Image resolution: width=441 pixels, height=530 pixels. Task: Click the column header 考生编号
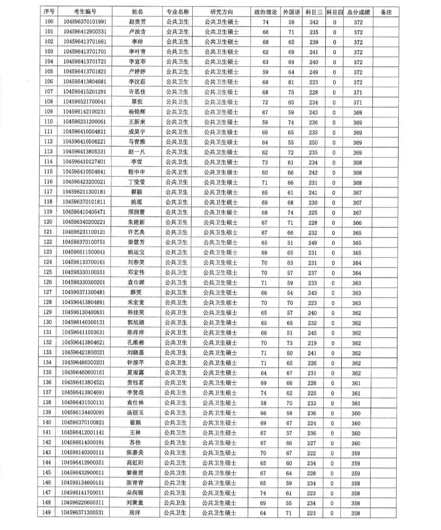pos(85,12)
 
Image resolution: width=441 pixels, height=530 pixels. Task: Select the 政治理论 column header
pos(265,12)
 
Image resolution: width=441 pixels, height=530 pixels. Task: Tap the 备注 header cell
pos(386,12)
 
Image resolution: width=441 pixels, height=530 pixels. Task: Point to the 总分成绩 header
pos(358,12)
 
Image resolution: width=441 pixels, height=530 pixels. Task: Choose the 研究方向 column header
pos(222,12)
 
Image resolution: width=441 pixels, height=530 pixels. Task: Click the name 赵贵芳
pos(137,22)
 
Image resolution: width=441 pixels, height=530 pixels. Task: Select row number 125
pos(48,272)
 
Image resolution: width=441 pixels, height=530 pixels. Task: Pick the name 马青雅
pos(137,142)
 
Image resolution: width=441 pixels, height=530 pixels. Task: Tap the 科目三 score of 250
pos(313,142)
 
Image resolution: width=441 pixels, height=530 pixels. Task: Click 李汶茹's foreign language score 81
pos(291,82)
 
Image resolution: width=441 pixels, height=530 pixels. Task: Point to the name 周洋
pos(135,513)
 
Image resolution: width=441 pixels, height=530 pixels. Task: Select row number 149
pos(46,512)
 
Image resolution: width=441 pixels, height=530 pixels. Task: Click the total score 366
pos(357,223)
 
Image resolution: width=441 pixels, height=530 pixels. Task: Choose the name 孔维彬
pos(136,343)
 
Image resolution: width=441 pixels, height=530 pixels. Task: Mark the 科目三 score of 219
pos(312,343)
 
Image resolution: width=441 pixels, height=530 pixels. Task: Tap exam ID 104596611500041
pos(83,252)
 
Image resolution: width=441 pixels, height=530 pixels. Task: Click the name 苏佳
pos(135,443)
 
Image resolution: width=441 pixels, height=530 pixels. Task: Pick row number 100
pos(49,22)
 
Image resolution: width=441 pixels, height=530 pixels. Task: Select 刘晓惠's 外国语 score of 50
pos(290,353)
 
